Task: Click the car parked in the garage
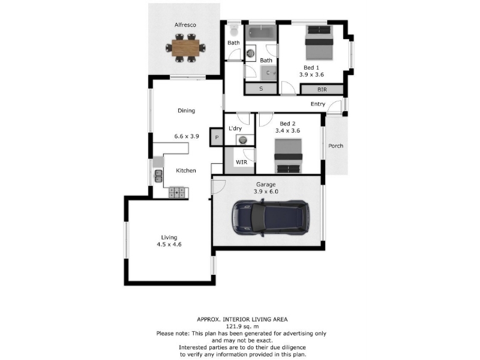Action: [271, 217]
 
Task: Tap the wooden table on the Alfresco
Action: [185, 48]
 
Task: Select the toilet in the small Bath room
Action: [234, 30]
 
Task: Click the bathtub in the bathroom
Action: [261, 33]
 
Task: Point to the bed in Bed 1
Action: [319, 43]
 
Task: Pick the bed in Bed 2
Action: [288, 156]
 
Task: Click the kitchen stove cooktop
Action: [176, 192]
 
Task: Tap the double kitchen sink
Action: [158, 176]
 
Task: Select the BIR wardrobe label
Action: [322, 89]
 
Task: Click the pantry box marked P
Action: [217, 137]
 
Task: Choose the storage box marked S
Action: [261, 89]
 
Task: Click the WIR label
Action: [241, 162]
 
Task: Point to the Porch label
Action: [335, 146]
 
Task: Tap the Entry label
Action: [318, 104]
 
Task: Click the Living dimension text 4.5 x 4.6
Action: [169, 244]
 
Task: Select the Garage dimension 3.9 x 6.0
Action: [266, 191]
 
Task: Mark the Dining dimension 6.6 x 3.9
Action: [187, 136]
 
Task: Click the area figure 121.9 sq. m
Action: [242, 326]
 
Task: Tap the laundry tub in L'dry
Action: [243, 140]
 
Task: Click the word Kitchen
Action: [186, 170]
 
